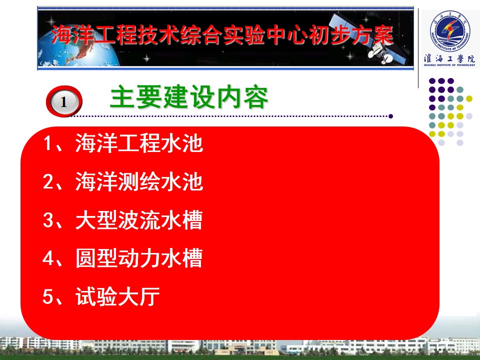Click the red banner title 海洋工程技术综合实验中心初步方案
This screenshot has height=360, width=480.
pos(222,34)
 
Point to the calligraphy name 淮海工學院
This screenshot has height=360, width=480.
pos(449,58)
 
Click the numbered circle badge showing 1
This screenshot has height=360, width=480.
pos(64,101)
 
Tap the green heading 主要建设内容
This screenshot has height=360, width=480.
pos(189,97)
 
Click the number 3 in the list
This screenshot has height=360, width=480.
pos(48,220)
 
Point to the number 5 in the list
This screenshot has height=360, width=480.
pos(48,296)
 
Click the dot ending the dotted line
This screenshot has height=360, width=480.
pos(390,116)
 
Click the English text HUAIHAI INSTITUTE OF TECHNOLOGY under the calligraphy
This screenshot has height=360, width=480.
pos(449,65)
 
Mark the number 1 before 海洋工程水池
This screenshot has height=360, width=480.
pos(48,143)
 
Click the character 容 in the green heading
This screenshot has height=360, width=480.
pos(255,97)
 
